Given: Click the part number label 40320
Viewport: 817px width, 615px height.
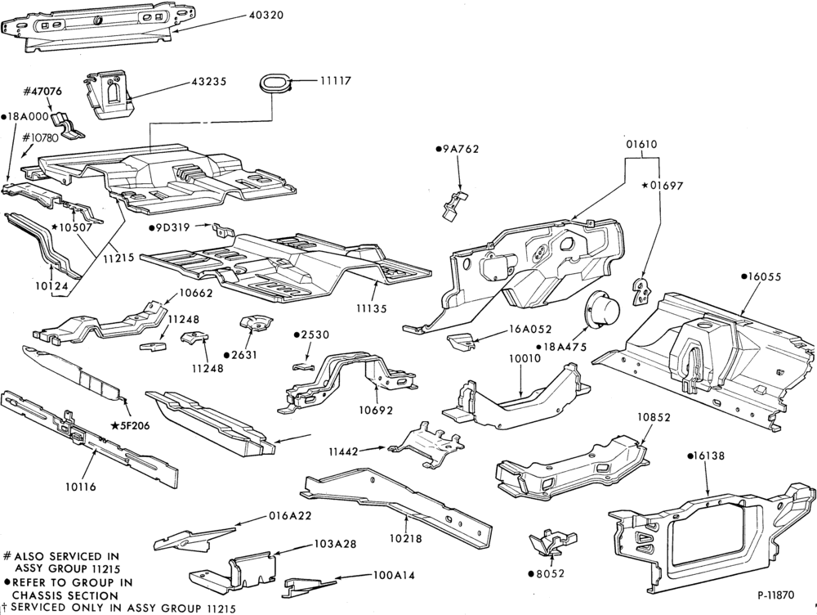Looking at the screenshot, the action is pyautogui.click(x=266, y=15).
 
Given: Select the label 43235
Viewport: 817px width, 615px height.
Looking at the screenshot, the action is pyautogui.click(x=208, y=82).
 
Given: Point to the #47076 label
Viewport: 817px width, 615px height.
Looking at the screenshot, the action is pyautogui.click(x=42, y=92).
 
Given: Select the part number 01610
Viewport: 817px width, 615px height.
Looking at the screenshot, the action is pyautogui.click(x=641, y=145).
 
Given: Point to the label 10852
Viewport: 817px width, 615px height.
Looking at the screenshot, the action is pyautogui.click(x=654, y=417).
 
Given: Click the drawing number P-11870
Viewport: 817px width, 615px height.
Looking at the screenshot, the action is pyautogui.click(x=776, y=595).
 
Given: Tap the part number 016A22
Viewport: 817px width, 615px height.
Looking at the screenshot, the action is pyautogui.click(x=290, y=516).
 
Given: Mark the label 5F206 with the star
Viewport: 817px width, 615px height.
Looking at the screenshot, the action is pyautogui.click(x=130, y=425).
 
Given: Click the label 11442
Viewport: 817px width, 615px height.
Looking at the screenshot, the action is pyautogui.click(x=343, y=451).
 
